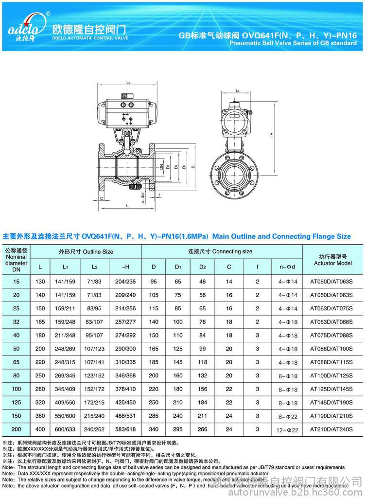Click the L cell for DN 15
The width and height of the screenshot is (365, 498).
click(x=40, y=282)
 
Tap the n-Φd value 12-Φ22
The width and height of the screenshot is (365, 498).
click(x=288, y=430)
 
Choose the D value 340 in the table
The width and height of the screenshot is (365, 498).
click(x=154, y=430)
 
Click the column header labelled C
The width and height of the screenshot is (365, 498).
click(x=229, y=267)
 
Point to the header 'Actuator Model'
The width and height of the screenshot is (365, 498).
click(x=332, y=263)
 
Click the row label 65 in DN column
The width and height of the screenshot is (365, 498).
click(x=17, y=362)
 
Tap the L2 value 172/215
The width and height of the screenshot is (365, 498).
click(x=94, y=403)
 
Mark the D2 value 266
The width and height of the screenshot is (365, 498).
click(x=203, y=430)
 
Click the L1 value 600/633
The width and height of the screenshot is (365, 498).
click(x=66, y=430)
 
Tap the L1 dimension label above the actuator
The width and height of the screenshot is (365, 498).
click(x=128, y=83)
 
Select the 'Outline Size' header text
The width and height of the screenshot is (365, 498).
click(x=86, y=251)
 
